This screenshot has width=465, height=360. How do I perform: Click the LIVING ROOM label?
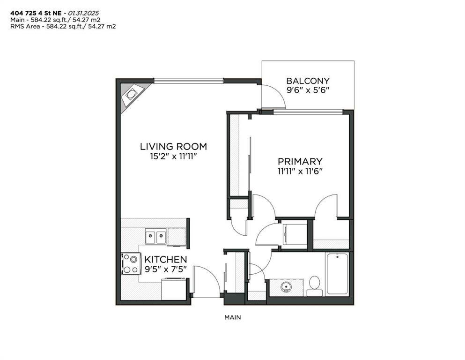coord(173,146)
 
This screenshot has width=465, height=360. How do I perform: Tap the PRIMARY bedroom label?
coord(300,161)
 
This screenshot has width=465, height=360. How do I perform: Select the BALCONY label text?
coord(308,81)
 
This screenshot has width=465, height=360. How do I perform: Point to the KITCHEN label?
coord(165,259)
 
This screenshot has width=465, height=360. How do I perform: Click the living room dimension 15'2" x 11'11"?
coord(173,156)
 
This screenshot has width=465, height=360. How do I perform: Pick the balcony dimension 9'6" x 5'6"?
coord(308,90)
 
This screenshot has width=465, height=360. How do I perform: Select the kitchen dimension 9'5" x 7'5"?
coord(165,269)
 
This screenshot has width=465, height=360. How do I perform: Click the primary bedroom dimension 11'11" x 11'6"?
coord(300,171)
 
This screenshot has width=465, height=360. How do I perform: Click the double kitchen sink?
coord(155,236)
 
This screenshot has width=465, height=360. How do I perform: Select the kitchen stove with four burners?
coord(130,263)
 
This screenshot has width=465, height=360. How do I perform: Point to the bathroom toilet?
coord(314,286)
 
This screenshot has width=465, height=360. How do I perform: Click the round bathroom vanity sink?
coord(286,287)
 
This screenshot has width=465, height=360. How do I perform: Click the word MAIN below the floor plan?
coord(232,317)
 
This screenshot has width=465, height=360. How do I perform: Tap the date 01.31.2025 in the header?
coord(83,13)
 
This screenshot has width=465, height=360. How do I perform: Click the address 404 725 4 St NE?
coord(36,13)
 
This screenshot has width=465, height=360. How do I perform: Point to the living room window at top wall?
coord(189,80)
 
